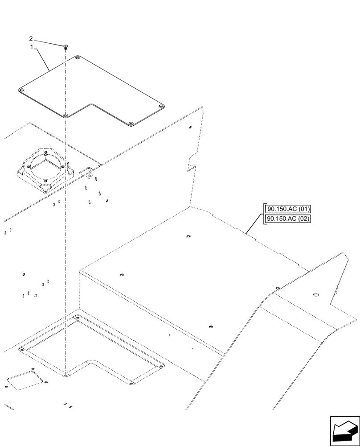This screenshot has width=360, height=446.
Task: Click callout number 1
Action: [x=31, y=46]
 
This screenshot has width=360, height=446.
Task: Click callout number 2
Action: [x=31, y=39]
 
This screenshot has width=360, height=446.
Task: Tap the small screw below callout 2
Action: [x=65, y=46]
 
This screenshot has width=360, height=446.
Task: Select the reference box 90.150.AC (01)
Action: [x=288, y=209]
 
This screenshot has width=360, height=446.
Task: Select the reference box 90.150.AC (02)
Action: [x=288, y=219]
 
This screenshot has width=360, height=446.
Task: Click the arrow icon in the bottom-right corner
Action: [x=345, y=431]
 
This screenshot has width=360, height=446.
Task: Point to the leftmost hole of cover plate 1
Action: [x=21, y=91]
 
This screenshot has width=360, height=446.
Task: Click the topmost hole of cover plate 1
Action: [x=78, y=58]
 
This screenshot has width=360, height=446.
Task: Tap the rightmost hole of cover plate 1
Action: [x=161, y=106]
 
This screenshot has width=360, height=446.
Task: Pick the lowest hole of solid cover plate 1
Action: [x=131, y=124]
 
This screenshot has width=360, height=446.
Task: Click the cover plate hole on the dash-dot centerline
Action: [x=65, y=116]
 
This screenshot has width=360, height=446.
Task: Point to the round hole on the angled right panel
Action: [x=317, y=294]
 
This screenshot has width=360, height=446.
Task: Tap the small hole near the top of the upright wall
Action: [x=190, y=127]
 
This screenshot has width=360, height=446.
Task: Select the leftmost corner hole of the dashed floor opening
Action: [x=21, y=350]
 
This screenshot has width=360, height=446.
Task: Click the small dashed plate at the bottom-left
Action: [x=27, y=379]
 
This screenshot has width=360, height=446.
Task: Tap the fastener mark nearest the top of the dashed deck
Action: [x=188, y=236]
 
